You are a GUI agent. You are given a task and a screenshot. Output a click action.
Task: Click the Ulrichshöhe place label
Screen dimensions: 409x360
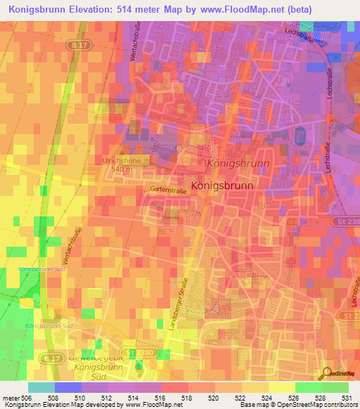pyautogui.click(x=120, y=161)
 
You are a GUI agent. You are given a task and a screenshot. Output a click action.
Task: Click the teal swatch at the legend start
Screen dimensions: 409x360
pyautogui.click(x=41, y=387)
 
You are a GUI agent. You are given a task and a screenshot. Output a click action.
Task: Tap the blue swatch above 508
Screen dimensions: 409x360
pyautogui.click(x=67, y=387)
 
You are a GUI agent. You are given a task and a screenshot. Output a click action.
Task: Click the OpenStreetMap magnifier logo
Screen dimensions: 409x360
pyautogui.click(x=326, y=373)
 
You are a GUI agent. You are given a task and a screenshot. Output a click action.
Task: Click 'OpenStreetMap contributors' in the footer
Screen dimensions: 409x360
pyautogui.click(x=320, y=404)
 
